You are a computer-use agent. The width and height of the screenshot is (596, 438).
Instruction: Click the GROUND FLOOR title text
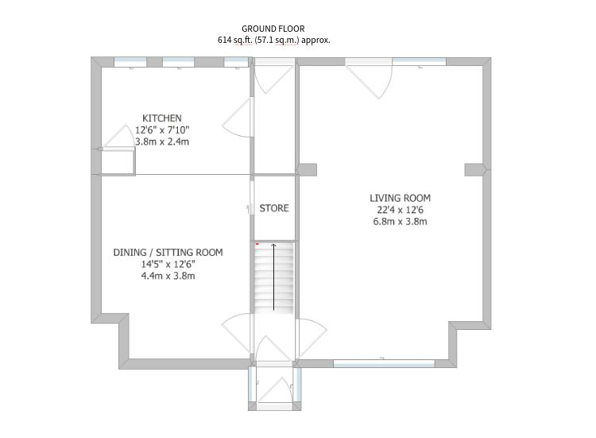273,29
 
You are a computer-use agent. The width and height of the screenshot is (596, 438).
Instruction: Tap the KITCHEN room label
162,118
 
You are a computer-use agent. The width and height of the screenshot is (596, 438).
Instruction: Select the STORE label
274,208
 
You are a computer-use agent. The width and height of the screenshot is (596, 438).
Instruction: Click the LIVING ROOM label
401,198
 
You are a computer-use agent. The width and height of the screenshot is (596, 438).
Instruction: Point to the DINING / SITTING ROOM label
168,252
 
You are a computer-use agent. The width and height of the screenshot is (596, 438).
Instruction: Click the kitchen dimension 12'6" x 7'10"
162,130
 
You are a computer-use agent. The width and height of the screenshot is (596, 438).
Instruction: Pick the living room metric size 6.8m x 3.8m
401,221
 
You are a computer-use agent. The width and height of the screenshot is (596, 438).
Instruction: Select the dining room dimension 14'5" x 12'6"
168,264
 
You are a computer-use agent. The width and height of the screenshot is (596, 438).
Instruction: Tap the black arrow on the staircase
273,277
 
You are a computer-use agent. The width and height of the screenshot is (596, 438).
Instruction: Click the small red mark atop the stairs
257,244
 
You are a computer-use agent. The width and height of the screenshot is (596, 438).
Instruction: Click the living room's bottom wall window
384,363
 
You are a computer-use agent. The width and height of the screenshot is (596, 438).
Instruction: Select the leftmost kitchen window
130,62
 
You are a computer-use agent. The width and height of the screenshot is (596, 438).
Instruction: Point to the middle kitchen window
179,62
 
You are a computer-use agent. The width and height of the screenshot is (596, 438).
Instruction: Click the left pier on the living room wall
307,169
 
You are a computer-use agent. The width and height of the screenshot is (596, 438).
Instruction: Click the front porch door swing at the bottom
274,390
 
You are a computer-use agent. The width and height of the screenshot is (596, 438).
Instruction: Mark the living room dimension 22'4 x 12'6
401,210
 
